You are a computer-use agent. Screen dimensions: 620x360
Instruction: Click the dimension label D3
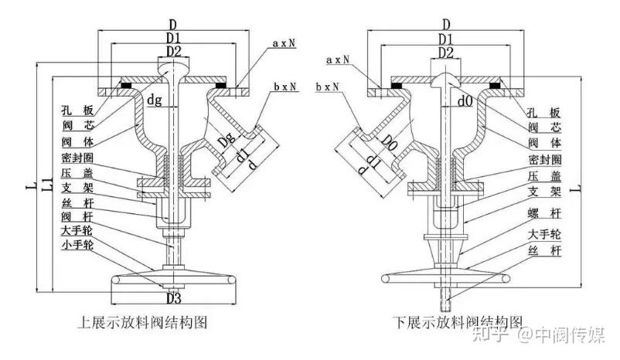click(x=174, y=298)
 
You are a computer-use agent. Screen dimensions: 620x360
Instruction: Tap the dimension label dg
click(x=155, y=100)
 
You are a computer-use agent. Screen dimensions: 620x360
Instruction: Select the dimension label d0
click(x=465, y=101)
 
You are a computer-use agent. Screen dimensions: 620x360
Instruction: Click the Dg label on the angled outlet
click(x=227, y=140)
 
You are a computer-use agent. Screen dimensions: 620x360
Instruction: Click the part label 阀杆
click(x=77, y=216)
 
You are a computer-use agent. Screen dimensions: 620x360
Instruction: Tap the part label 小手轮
click(x=77, y=245)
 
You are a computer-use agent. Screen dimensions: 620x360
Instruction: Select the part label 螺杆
click(x=544, y=214)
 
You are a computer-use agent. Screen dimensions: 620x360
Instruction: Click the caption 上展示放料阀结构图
click(x=142, y=322)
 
